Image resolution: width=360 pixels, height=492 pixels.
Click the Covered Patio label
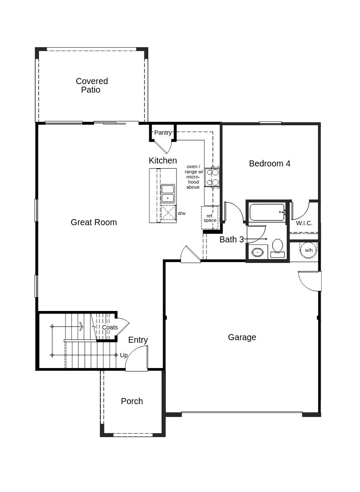(x=92, y=85)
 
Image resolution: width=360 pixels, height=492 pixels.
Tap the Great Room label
(x=93, y=222)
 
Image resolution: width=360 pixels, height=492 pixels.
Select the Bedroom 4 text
(x=270, y=163)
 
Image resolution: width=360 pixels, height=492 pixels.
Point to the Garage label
(x=242, y=337)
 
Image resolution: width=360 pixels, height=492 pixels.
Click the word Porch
(x=132, y=401)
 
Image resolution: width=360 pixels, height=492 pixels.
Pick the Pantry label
(x=162, y=133)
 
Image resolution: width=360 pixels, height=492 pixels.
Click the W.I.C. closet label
(x=304, y=223)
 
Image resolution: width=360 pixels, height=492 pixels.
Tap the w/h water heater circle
(x=309, y=250)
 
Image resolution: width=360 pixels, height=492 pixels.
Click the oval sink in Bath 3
(x=257, y=252)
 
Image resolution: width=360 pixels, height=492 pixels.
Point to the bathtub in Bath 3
(x=267, y=212)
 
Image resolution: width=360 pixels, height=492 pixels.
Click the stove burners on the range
(x=212, y=177)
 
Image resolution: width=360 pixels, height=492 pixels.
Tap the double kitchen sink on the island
(x=168, y=193)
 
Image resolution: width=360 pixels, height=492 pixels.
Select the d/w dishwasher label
(x=182, y=213)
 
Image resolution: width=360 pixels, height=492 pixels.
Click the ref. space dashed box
(x=210, y=218)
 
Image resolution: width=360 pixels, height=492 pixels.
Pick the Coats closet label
(x=110, y=327)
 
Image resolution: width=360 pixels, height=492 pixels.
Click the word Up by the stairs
(x=124, y=355)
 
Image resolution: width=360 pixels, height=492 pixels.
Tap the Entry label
(x=138, y=340)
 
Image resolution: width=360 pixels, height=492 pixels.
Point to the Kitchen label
(x=162, y=160)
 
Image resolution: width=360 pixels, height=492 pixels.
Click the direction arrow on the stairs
(x=80, y=327)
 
